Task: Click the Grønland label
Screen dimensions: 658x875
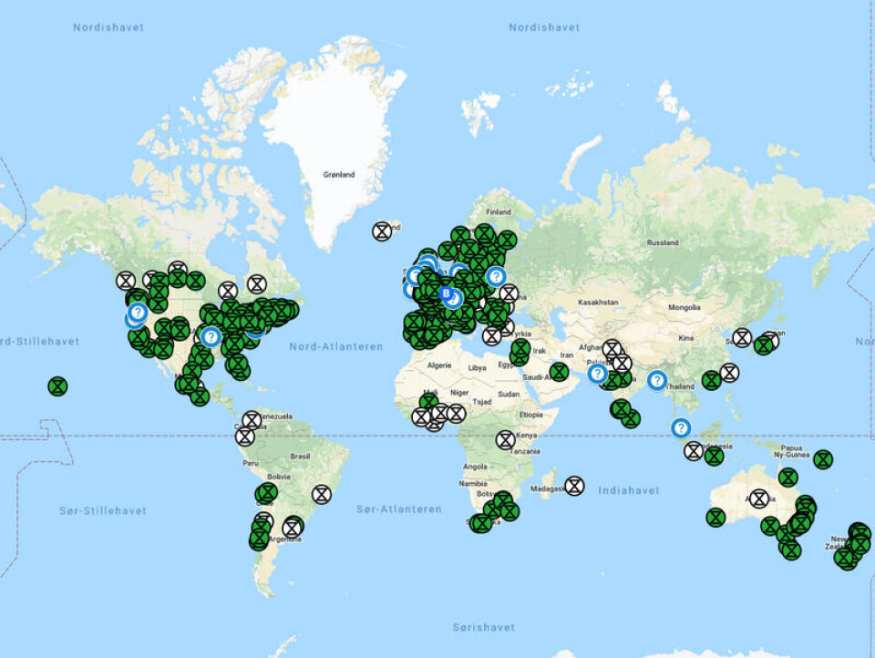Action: (x=338, y=174)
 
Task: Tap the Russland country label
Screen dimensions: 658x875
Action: (x=662, y=243)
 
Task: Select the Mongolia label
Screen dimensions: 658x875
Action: (x=685, y=308)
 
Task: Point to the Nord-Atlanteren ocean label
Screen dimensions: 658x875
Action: (x=336, y=346)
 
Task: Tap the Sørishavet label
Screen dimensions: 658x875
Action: (x=483, y=627)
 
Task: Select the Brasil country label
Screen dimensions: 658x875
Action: (x=300, y=456)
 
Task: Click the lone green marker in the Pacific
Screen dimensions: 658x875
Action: (x=57, y=386)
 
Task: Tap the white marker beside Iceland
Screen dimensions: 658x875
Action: (x=382, y=231)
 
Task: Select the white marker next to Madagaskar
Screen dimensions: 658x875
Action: (x=574, y=486)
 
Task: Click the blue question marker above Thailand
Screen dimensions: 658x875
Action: (x=656, y=380)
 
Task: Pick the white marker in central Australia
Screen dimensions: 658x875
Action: (x=758, y=499)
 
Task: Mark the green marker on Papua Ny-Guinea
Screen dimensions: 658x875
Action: (x=823, y=459)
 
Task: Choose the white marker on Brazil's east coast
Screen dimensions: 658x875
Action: (x=321, y=494)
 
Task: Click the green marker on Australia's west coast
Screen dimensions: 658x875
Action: (x=715, y=518)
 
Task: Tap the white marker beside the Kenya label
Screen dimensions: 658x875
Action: (x=506, y=439)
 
